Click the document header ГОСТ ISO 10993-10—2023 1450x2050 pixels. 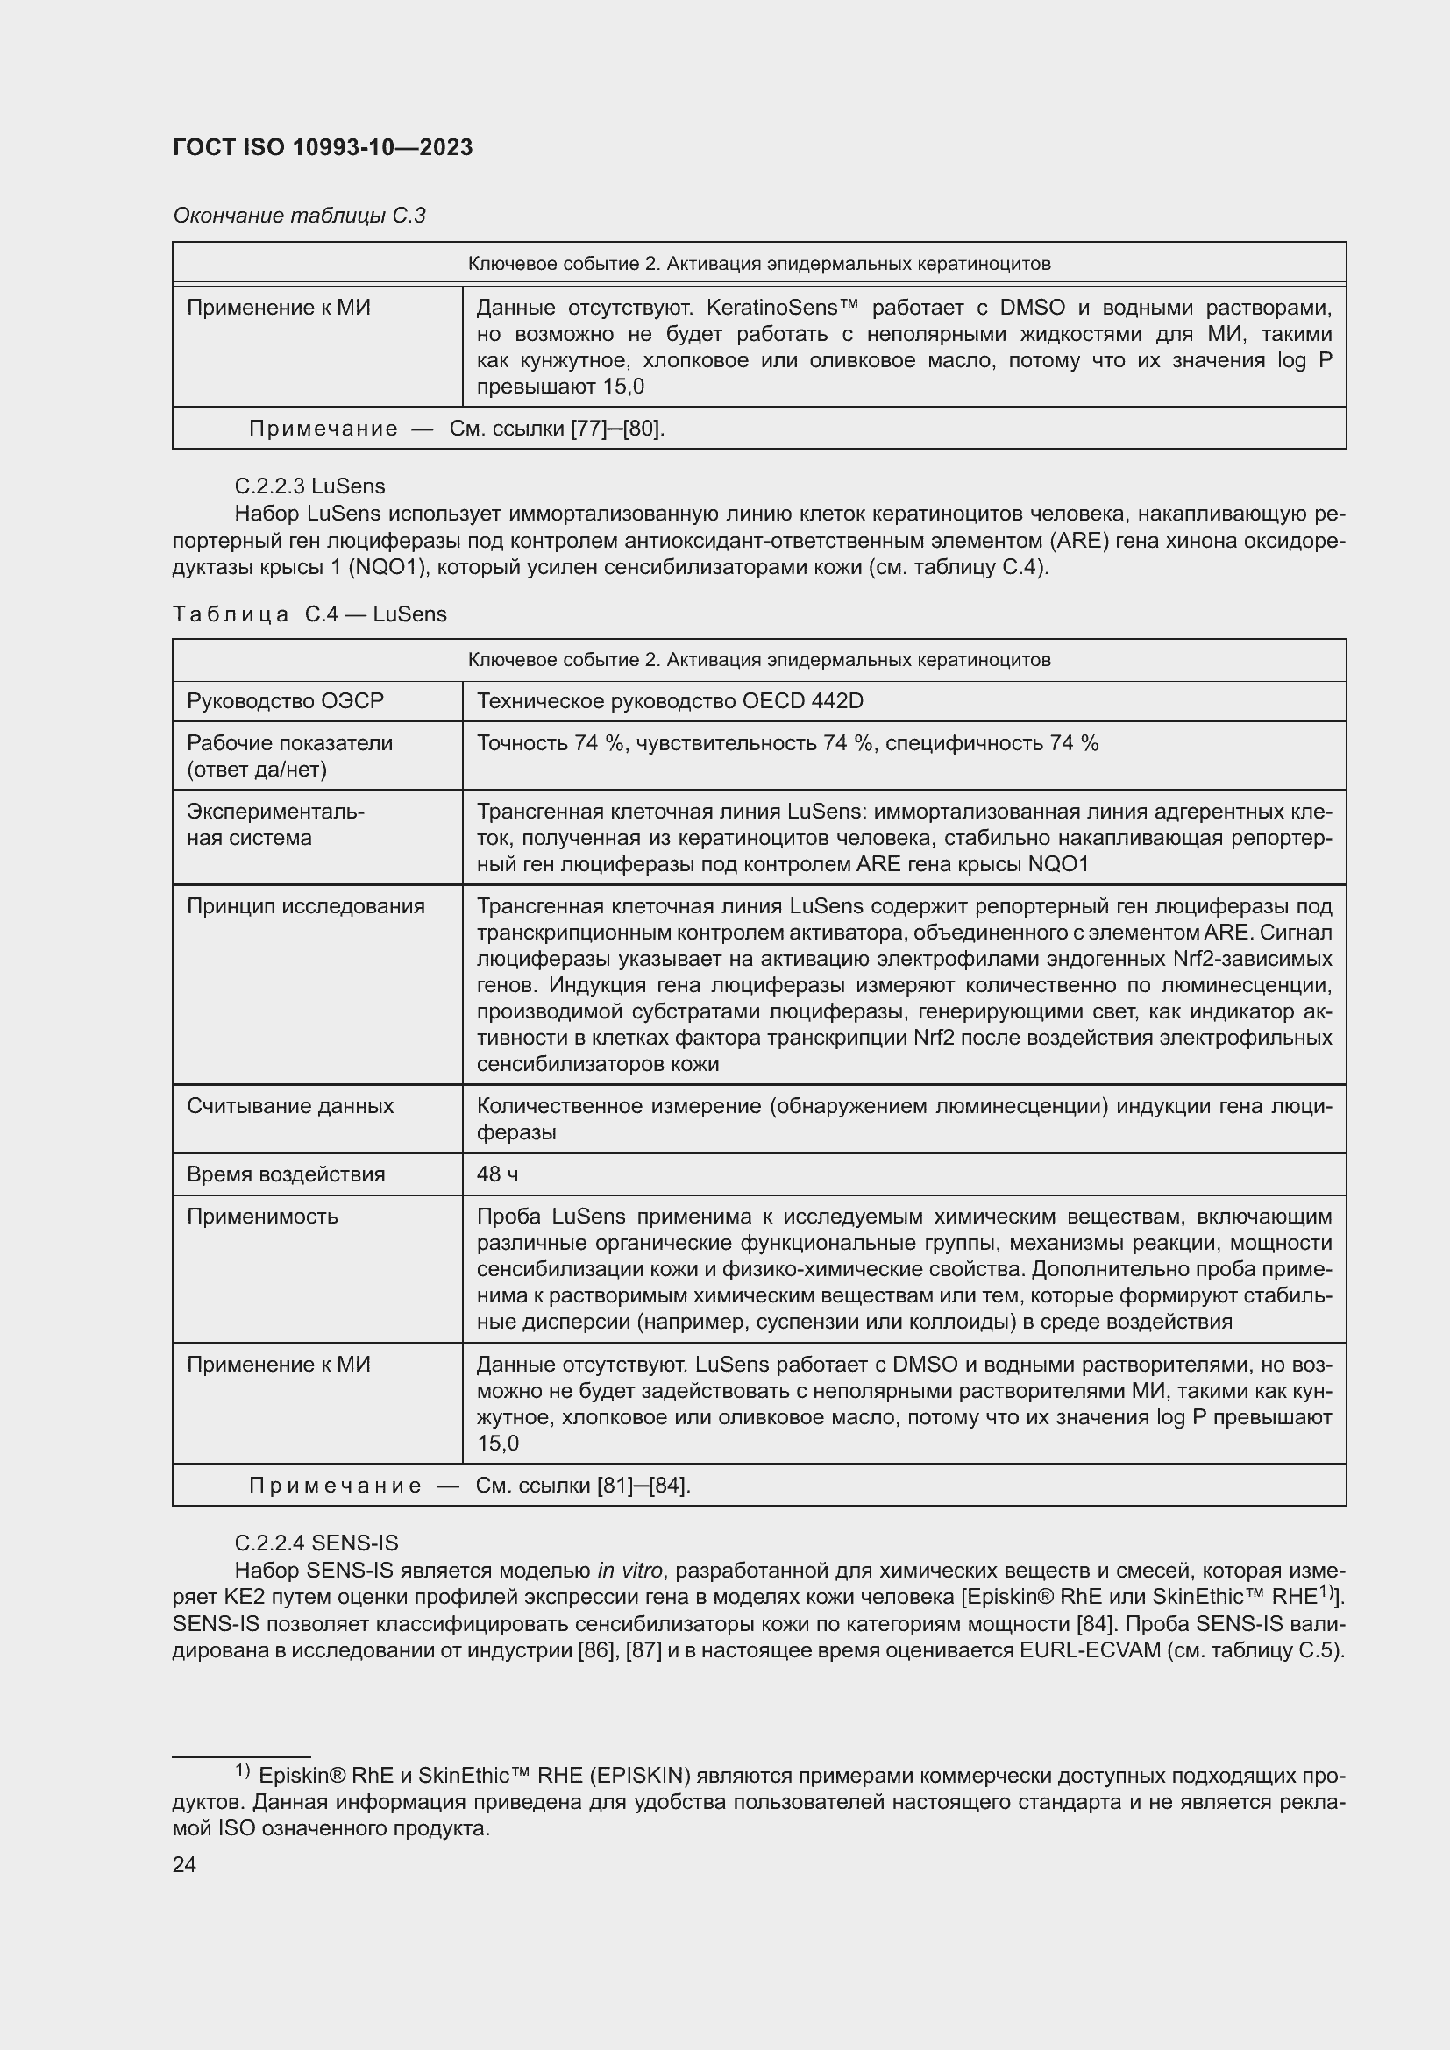[x=323, y=147]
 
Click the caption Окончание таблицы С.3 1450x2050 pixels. [x=299, y=216]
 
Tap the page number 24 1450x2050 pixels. [x=184, y=1864]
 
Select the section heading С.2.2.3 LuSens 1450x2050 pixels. [x=309, y=486]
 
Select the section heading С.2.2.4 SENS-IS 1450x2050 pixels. [x=316, y=1542]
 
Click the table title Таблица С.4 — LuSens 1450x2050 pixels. [x=309, y=614]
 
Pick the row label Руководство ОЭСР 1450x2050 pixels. [x=285, y=701]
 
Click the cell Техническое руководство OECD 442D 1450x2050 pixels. [x=670, y=701]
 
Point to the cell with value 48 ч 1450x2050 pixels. [x=497, y=1174]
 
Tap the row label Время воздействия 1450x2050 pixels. [x=286, y=1174]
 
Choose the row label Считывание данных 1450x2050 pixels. [x=290, y=1105]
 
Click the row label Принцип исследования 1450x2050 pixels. [x=305, y=905]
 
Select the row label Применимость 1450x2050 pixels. [x=262, y=1217]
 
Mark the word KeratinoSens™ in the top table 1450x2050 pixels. [x=781, y=307]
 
